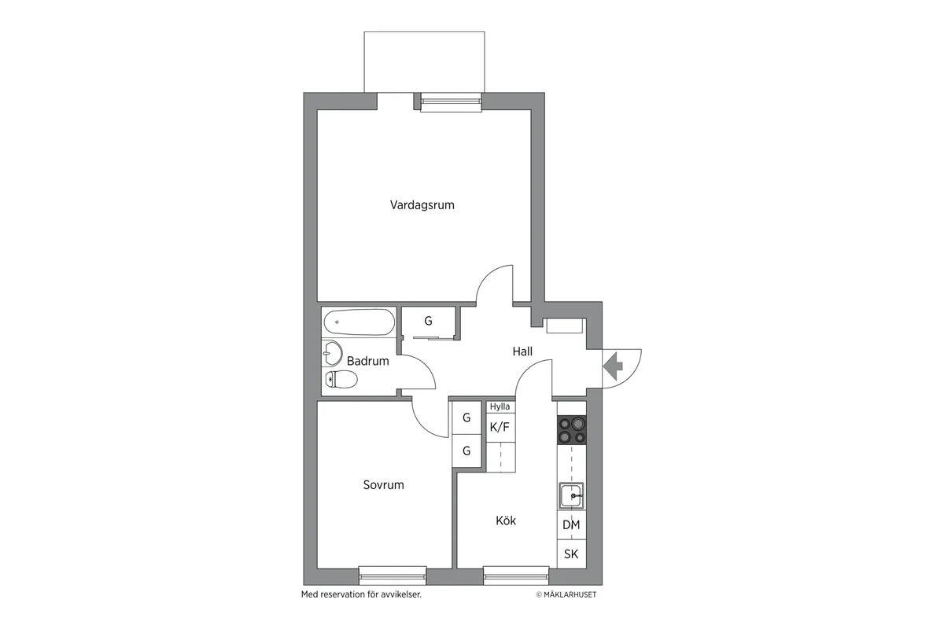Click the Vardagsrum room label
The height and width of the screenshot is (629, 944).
coord(422,205)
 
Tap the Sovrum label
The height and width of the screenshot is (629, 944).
coord(384,485)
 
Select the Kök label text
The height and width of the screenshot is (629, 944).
coord(506,520)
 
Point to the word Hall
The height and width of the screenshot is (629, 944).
coord(522,351)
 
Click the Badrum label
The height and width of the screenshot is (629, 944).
coord(367,361)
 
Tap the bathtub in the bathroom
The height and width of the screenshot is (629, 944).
coord(359,322)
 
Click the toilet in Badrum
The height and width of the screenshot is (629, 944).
coord(341,380)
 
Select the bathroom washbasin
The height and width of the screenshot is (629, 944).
coord(333,353)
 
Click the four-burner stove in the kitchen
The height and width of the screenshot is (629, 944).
coord(571,430)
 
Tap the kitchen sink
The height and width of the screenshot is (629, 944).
coord(571,496)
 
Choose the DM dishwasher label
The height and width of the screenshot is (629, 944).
coord(571,525)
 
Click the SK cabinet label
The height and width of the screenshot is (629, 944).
coord(571,554)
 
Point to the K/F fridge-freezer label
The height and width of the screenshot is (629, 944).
coord(500,427)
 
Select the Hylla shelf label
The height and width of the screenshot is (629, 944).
coord(500,406)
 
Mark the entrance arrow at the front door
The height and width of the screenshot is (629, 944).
coord(613,366)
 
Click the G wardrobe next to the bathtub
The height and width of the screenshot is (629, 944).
coord(428,321)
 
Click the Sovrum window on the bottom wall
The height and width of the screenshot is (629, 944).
coord(393,576)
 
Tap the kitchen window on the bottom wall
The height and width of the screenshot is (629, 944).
coord(516,576)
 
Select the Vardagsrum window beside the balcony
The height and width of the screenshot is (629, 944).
coord(451,102)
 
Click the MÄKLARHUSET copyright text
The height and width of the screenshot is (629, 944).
coord(566,595)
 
